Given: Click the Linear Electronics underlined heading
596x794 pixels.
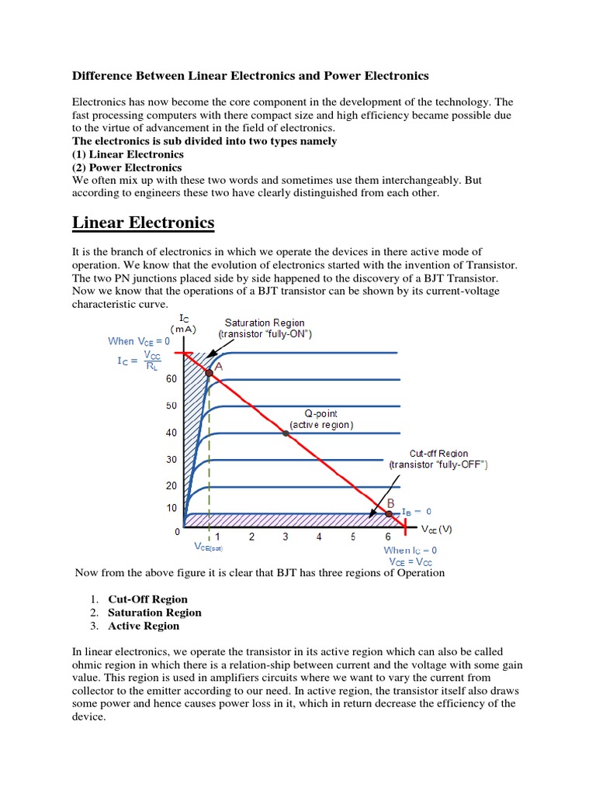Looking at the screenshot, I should (x=143, y=223).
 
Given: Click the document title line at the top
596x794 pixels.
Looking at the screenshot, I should (x=250, y=76).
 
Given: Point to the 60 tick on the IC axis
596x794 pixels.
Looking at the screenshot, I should (x=172, y=379).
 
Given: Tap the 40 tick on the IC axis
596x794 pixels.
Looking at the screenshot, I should (x=172, y=433).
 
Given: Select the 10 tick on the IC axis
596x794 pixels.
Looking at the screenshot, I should (x=172, y=508).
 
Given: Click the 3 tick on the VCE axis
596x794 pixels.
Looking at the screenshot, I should (x=286, y=537).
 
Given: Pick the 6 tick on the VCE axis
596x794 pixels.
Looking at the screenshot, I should (x=388, y=537).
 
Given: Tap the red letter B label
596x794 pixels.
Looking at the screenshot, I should (x=391, y=503).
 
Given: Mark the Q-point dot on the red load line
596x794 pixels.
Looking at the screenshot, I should (x=286, y=433).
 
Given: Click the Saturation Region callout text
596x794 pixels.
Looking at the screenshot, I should (x=264, y=328).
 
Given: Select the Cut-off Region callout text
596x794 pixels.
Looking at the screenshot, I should (x=438, y=458).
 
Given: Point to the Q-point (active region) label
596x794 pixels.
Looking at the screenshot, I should (x=321, y=419).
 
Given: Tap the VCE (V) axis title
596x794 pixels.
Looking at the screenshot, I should (x=436, y=530).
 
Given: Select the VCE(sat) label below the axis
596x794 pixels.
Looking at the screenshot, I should (x=209, y=546).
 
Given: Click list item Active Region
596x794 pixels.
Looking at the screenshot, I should (x=144, y=626).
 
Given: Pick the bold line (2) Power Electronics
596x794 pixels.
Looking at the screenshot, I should (x=127, y=167).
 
